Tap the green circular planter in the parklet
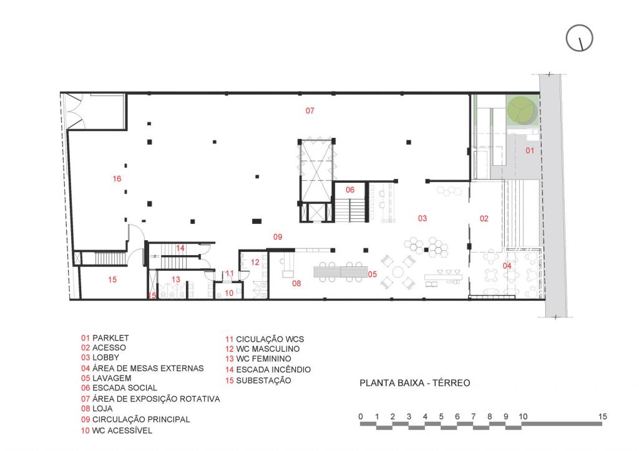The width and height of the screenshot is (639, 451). coord(520,110)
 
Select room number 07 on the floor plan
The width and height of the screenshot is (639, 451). coord(310,111)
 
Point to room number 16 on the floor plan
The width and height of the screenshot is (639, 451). coord(117,179)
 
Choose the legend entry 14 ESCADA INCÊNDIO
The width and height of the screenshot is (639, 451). coord(268,369)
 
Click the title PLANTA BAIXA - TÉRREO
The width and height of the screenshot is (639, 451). coord(414,383)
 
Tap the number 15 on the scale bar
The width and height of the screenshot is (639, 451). coord(602,416)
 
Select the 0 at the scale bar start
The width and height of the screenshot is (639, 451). coord(361,416)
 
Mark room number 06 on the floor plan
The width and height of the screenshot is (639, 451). coord(350,190)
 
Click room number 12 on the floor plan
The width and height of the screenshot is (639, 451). coord(255,262)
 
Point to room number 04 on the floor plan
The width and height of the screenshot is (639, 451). coord(507,266)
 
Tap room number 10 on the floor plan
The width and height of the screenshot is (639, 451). coord(229,293)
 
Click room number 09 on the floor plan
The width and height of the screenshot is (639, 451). coord(278,237)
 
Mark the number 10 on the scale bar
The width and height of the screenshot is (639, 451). coord(522,416)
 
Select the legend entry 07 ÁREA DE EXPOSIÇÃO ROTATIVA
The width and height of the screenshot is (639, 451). coord(150,399)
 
